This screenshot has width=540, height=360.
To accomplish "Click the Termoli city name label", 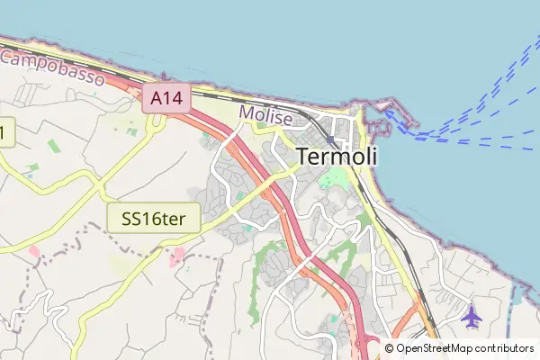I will click(337, 156).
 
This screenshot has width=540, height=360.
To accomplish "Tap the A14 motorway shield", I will click(166, 99).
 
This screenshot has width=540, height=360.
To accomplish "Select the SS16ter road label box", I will click(153, 218).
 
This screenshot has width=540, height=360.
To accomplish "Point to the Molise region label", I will click(265, 116).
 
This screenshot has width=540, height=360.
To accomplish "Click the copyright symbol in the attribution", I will click(389, 348).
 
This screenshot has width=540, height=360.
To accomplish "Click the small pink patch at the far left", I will click(34, 251).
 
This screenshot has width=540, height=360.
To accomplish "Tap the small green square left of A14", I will click(132, 131).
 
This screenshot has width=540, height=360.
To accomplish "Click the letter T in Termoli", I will click(302, 156).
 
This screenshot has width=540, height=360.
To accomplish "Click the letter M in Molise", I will click(247, 116).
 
